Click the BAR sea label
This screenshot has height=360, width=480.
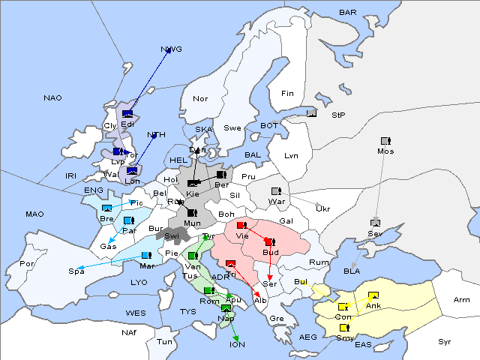point(348,13)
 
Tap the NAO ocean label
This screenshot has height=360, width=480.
point(52,98)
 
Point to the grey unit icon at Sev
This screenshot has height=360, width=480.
point(375,223)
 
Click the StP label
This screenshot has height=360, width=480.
point(338,115)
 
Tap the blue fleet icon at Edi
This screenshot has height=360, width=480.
point(127,115)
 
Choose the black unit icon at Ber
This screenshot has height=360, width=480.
point(220,175)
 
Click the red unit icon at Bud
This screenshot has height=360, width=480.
point(268,241)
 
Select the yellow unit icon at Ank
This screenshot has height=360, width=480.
point(373,295)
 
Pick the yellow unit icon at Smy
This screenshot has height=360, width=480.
point(344,328)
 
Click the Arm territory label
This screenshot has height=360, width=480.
point(462,300)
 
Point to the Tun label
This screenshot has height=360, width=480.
point(164,341)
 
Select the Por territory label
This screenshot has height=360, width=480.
point(27,264)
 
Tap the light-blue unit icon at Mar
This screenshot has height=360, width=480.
point(145,256)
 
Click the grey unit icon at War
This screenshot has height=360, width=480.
point(275,191)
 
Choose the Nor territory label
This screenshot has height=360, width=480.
point(200,98)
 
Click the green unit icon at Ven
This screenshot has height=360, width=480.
point(193,256)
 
